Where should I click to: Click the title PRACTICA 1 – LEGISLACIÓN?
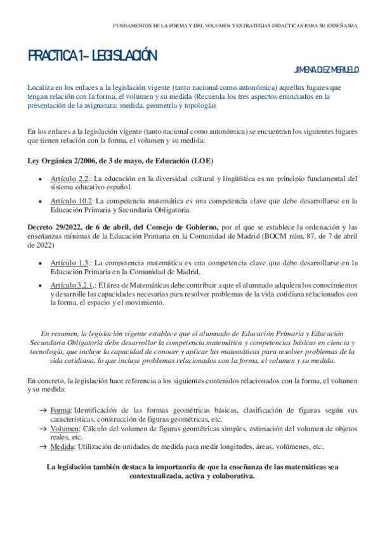pos(92,56)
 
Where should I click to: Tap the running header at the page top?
pos(235,26)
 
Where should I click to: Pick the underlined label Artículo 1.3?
pos(70,263)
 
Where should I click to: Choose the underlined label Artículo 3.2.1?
pos(73,285)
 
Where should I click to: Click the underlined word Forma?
pos(60,410)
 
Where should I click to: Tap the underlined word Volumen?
pos(64,429)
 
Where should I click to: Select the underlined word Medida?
pos(62,446)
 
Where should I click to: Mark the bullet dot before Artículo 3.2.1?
pos(41,286)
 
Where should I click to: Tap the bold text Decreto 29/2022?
pos(56,226)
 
